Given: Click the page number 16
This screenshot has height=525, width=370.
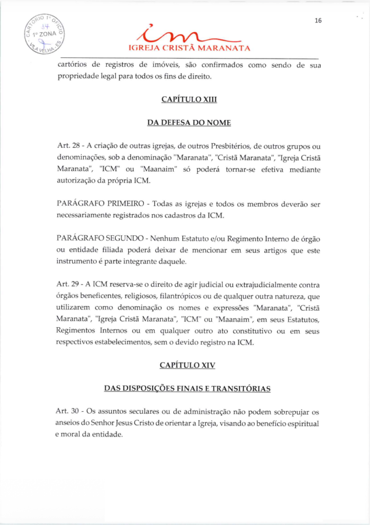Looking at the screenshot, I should [x=318, y=21].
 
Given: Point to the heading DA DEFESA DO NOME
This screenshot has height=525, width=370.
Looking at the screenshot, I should [x=188, y=123].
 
